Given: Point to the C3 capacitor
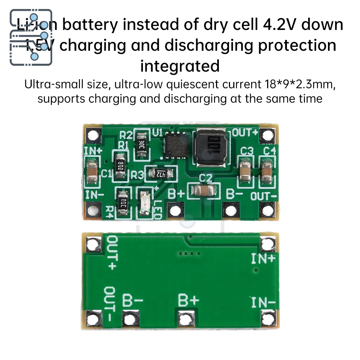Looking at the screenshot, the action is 246,171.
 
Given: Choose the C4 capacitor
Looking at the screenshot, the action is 267,171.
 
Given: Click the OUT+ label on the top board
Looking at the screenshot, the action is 245,132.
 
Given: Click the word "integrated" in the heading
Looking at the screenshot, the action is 180,66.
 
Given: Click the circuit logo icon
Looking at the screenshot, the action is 31,37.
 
